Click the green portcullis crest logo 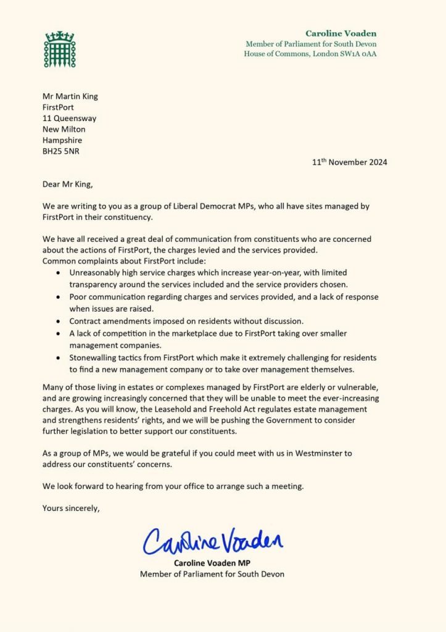59,49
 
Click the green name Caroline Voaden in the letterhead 341,33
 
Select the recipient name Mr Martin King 70,96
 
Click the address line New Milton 64,129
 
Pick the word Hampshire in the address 62,140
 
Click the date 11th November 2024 350,163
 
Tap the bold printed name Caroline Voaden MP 212,563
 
